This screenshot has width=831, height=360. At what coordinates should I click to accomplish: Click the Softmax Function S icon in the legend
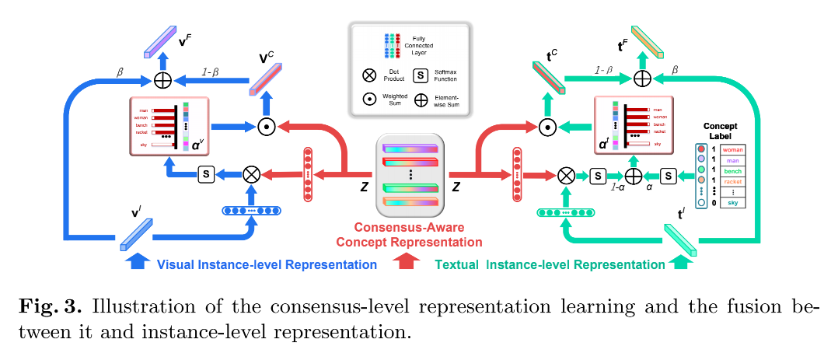coord(421,75)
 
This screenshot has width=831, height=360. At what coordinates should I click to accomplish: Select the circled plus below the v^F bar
coord(162,79)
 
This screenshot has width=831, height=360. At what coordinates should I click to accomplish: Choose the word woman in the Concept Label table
coord(734,148)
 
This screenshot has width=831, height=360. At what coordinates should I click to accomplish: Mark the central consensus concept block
coord(410,173)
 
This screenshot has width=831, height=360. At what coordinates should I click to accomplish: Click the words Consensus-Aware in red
coord(409,228)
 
